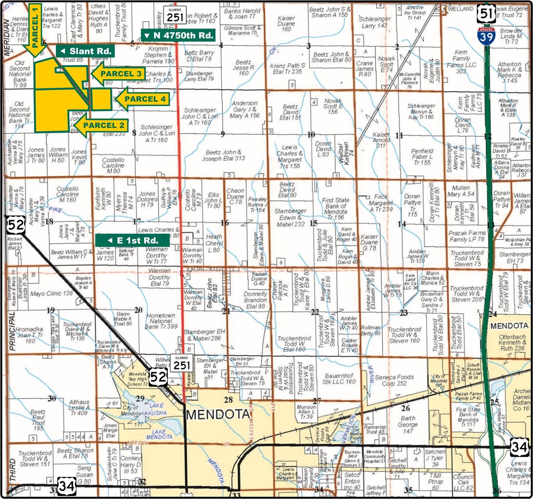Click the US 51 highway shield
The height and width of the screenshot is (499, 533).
coord(486,14)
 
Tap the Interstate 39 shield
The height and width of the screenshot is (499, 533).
coord(486,35)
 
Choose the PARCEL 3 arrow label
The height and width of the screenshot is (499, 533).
coord(117,73)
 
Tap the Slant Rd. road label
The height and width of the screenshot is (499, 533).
coord(85,51)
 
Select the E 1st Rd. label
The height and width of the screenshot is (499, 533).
coord(133,240)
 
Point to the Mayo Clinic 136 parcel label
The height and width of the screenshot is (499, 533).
coord(51,293)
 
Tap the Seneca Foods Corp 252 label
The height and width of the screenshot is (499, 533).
coord(395,380)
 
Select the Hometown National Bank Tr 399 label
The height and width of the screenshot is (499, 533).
coord(161,321)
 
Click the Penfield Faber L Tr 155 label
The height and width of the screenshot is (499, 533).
coord(422,157)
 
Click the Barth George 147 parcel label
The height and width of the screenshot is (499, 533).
coord(408,425)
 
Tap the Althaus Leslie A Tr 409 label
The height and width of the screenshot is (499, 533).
coord(79,408)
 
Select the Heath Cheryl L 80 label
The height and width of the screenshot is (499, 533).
coord(214,243)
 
